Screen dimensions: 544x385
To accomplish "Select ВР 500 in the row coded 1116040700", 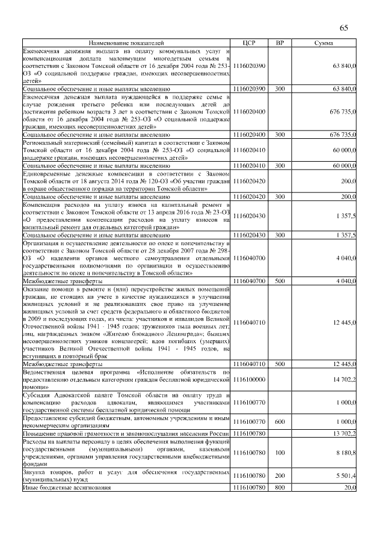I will [280, 281].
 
